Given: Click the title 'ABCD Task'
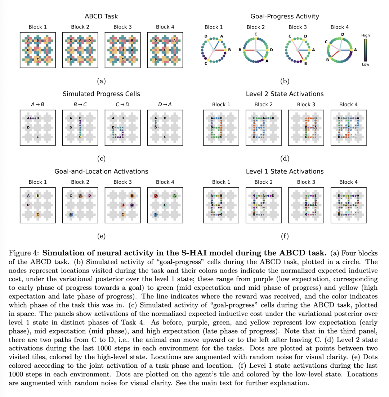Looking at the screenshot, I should [101, 16].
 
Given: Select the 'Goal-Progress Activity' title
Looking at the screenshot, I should [285, 16].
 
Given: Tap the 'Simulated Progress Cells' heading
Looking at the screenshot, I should [101, 94].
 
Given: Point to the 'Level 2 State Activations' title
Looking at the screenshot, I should [285, 94].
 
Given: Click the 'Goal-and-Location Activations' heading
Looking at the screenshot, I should [101, 172].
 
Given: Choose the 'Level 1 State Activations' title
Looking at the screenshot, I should [285, 172].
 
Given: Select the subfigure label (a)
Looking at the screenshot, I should [101, 82].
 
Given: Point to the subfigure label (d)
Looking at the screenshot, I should [285, 158].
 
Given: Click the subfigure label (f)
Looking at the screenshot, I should [285, 236].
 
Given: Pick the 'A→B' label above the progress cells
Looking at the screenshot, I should [38, 105].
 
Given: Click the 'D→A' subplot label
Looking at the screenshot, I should [165, 105].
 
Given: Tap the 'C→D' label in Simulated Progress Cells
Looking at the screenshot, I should [122, 105].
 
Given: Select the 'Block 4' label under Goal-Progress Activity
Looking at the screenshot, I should [340, 27].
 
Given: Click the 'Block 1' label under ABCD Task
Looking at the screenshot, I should [38, 27].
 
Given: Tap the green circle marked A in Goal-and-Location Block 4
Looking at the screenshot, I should [174, 196].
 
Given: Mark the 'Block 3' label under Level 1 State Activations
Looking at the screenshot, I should [306, 182].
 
